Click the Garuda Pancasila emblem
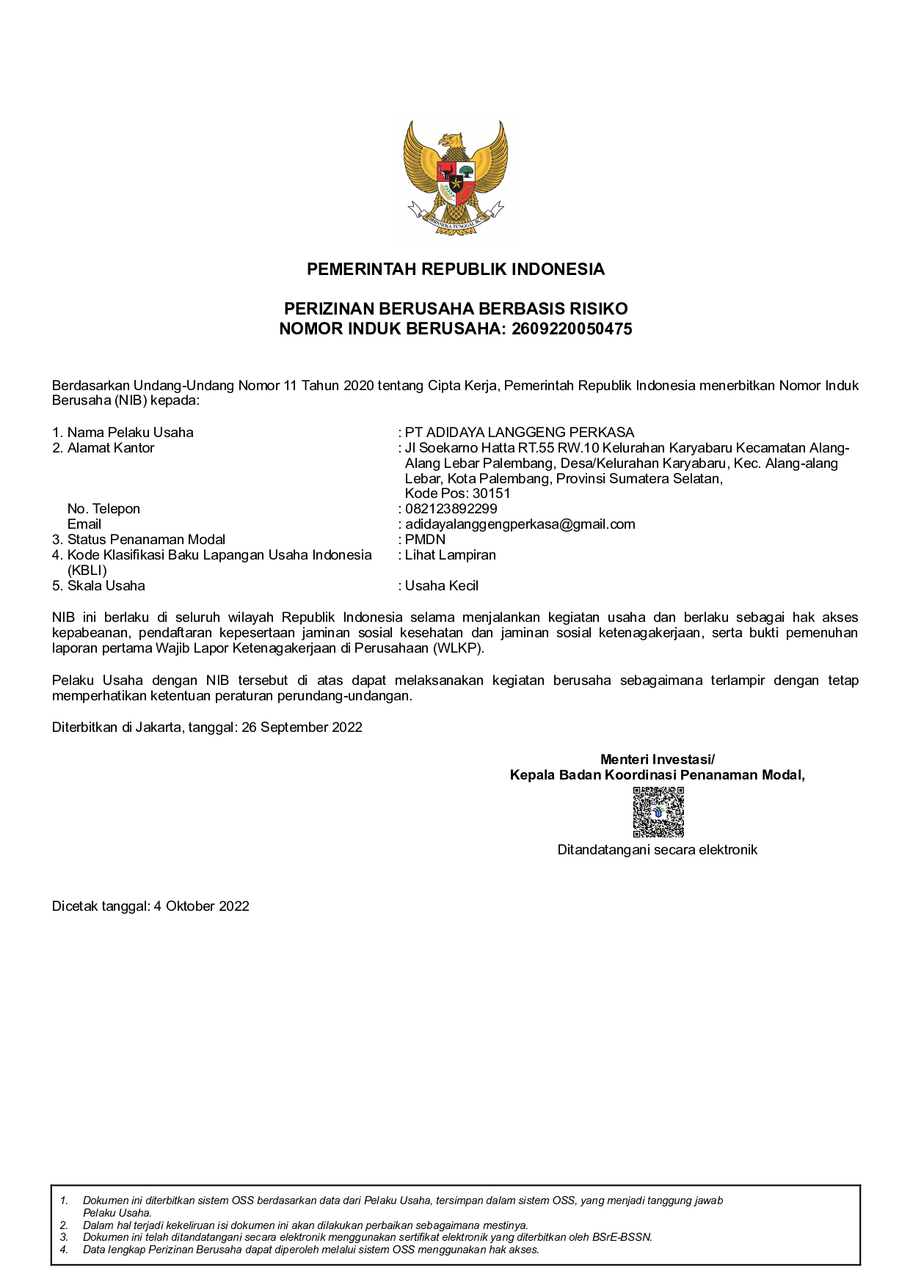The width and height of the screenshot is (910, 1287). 455,179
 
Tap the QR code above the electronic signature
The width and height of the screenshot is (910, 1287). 658,812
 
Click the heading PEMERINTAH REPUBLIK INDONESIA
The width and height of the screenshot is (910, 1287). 455,269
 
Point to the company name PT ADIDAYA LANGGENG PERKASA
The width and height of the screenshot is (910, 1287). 520,433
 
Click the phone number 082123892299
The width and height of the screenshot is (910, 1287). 451,509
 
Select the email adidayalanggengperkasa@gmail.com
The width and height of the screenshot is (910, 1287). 520,524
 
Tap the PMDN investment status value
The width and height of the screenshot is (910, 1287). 425,540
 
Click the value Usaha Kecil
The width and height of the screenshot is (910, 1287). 442,586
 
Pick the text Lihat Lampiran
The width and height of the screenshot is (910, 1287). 450,555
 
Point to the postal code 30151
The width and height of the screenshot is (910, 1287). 491,494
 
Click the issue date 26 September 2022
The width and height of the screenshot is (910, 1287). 302,727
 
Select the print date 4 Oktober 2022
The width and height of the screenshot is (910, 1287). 201,906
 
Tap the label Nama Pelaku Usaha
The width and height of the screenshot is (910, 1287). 130,433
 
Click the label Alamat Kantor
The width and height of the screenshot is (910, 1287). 111,448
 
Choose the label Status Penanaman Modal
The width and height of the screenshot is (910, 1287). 146,540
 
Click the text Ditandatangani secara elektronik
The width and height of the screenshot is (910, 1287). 657,850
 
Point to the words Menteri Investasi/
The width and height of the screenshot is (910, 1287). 657,760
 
